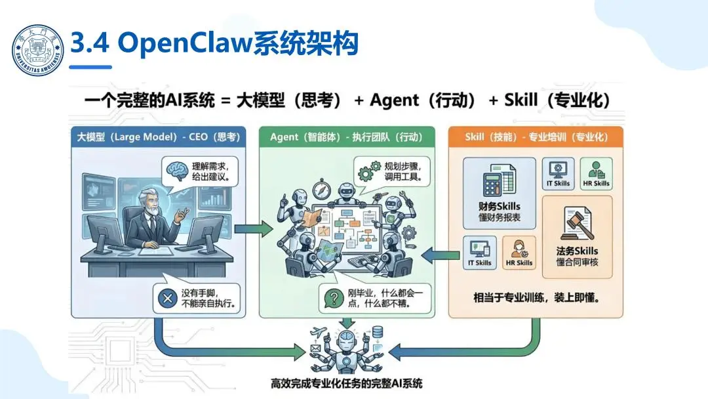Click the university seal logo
coord(39,51)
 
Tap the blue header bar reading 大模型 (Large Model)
coord(159,137)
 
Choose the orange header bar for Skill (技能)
coord(536,137)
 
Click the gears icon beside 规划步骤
coord(365,173)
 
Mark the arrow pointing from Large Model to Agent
coord(252,229)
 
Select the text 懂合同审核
coord(577,262)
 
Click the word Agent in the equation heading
coord(394,100)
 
